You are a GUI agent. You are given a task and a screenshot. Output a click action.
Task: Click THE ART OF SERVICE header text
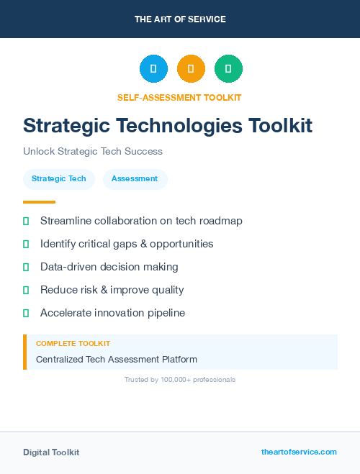(180, 19)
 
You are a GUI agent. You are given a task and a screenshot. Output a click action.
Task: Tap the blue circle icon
(153, 69)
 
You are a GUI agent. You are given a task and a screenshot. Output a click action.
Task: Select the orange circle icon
(191, 69)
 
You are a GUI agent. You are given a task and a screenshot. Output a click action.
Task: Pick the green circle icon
(228, 69)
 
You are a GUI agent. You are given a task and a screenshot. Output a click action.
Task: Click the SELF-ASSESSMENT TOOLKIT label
(179, 97)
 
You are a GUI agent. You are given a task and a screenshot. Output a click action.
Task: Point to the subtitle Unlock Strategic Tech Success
(93, 152)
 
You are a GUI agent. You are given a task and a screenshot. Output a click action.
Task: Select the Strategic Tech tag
(59, 179)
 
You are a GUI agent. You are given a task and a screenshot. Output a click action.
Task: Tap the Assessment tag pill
(135, 179)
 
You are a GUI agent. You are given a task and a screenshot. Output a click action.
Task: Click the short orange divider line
(39, 202)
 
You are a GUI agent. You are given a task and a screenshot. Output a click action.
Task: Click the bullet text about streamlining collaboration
(141, 221)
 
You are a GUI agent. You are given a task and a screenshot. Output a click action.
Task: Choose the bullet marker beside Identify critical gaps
(26, 244)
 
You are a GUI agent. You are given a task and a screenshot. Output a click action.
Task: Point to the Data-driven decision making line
(109, 267)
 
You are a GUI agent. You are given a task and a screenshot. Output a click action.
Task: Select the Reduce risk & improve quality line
(112, 290)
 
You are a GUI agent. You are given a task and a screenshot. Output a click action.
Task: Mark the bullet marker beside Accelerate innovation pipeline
(26, 313)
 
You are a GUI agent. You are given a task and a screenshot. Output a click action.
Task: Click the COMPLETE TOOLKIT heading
(73, 344)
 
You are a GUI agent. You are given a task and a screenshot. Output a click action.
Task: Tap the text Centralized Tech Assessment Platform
(117, 359)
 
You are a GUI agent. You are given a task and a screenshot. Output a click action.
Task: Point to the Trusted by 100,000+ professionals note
(180, 379)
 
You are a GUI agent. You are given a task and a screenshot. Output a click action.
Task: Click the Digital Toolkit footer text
(51, 452)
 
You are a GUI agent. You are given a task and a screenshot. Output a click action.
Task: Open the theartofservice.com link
(299, 452)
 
